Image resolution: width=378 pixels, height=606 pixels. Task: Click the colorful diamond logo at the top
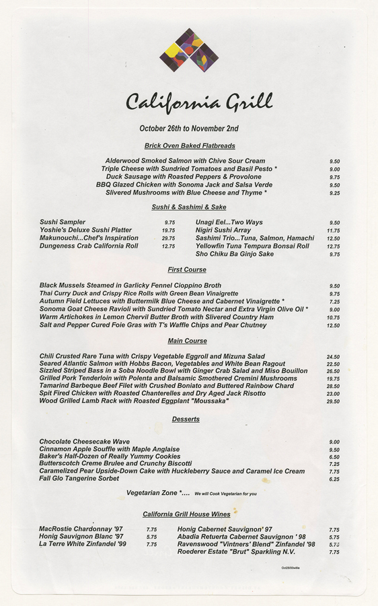pyautogui.click(x=188, y=50)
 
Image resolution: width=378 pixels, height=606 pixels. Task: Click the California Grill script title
pyautogui.click(x=199, y=102)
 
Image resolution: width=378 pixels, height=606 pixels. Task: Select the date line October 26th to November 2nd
pyautogui.click(x=188, y=128)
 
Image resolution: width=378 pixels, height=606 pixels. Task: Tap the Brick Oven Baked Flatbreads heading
pyautogui.click(x=189, y=145)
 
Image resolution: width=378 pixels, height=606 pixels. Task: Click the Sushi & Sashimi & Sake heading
pyautogui.click(x=189, y=207)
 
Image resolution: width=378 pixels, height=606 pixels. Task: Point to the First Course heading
pyautogui.click(x=187, y=269)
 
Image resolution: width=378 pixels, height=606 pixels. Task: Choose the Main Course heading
pyautogui.click(x=187, y=341)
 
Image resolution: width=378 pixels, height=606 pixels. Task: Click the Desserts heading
pyautogui.click(x=186, y=419)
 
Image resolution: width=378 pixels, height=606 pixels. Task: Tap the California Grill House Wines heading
pyautogui.click(x=186, y=514)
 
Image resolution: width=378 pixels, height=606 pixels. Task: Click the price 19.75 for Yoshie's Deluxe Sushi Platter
pyautogui.click(x=168, y=230)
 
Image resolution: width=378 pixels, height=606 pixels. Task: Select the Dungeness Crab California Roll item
pyautogui.click(x=89, y=246)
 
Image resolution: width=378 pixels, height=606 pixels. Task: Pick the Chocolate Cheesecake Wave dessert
pyautogui.click(x=85, y=442)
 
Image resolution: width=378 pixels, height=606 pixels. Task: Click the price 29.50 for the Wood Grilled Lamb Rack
pyautogui.click(x=333, y=401)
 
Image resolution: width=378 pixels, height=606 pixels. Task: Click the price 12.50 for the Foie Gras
pyautogui.click(x=333, y=326)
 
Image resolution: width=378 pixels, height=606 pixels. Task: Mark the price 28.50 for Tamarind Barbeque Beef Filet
pyautogui.click(x=333, y=386)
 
